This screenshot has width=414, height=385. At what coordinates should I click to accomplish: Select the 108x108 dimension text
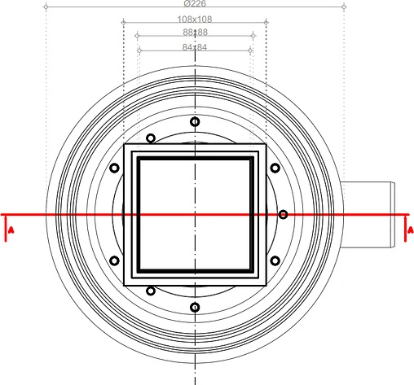[x=195, y=19]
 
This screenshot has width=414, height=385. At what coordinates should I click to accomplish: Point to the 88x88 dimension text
[x=195, y=33]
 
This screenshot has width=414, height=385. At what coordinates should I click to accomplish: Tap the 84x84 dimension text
[x=195, y=47]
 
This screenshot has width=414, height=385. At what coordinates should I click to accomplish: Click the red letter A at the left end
[x=10, y=231]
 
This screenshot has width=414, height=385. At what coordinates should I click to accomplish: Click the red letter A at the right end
[x=409, y=231]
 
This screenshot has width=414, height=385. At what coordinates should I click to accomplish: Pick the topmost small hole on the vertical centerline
[x=195, y=122]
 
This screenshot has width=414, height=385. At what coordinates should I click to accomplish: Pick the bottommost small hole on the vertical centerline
[x=195, y=308]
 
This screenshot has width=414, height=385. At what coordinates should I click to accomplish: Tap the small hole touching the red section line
[x=283, y=215]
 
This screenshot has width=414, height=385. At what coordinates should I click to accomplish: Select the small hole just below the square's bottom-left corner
[x=150, y=291]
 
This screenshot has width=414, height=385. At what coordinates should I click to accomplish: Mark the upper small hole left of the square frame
[x=114, y=168]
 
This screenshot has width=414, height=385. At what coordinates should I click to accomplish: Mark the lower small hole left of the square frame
[x=114, y=261]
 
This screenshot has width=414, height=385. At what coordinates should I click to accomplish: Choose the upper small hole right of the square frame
[x=275, y=168]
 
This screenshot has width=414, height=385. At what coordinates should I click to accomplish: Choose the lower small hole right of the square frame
[x=275, y=261]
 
